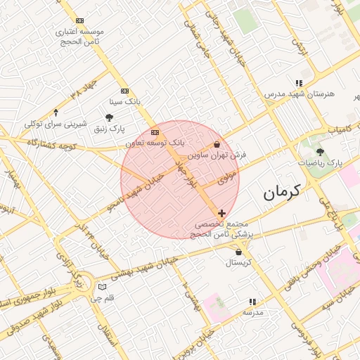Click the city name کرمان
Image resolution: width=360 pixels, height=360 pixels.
[282, 191]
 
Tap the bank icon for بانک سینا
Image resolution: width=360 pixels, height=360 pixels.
[125, 91]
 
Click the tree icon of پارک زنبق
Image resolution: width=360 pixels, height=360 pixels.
[108, 117]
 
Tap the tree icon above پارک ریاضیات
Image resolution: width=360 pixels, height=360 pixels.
[320, 151]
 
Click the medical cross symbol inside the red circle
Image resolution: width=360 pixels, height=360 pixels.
[222, 212]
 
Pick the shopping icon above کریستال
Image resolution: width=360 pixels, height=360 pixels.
[240, 251]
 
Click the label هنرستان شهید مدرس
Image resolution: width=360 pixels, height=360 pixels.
[300, 94]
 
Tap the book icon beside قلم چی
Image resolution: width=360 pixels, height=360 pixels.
[103, 287]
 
